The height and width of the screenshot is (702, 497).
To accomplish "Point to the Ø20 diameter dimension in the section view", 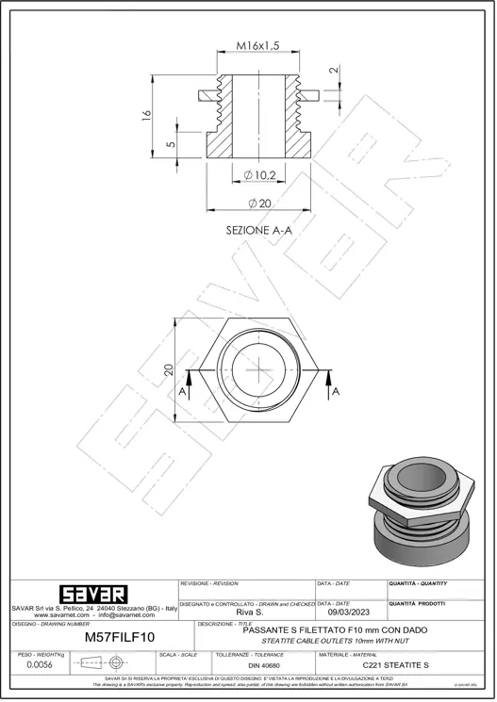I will coord(259,204).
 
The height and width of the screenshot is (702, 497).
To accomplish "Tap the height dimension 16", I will coord(146,115).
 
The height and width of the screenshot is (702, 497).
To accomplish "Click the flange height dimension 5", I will coord(170,144).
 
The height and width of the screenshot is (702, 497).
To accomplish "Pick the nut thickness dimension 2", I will coord(333,70).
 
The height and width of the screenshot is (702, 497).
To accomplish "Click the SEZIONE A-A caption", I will coord(258,230).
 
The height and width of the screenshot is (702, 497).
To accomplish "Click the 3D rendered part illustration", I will coord(421,509).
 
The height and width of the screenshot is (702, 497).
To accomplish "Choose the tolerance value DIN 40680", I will coord(266,665).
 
